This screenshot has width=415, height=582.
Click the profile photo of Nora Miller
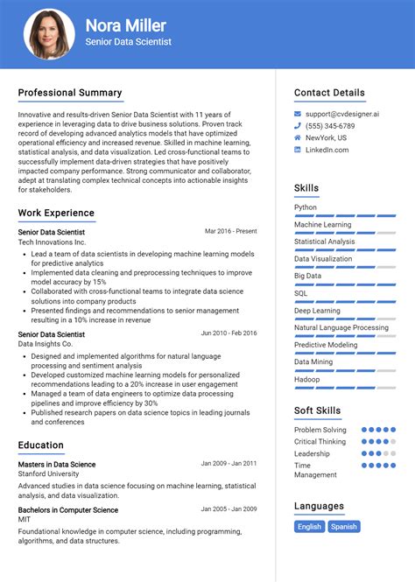point(49,34)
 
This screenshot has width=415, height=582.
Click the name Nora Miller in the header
point(125,25)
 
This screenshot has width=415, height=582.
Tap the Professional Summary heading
point(70,93)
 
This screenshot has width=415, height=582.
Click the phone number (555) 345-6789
point(324,126)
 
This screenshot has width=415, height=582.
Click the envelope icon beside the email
point(299,115)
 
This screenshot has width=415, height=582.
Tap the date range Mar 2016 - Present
point(230,231)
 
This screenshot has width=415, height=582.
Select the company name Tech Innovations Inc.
point(53,242)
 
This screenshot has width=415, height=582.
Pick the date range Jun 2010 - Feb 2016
point(229,333)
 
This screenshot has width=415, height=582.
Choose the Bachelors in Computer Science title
point(68,510)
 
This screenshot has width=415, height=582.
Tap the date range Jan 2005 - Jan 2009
point(229,509)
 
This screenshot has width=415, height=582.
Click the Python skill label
point(306,207)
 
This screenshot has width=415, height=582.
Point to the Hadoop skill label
point(306,379)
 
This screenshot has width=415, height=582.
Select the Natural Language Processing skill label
point(341,327)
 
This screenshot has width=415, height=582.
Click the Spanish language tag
point(344,527)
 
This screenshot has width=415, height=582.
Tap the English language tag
point(309,527)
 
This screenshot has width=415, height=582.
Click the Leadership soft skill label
point(312,453)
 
